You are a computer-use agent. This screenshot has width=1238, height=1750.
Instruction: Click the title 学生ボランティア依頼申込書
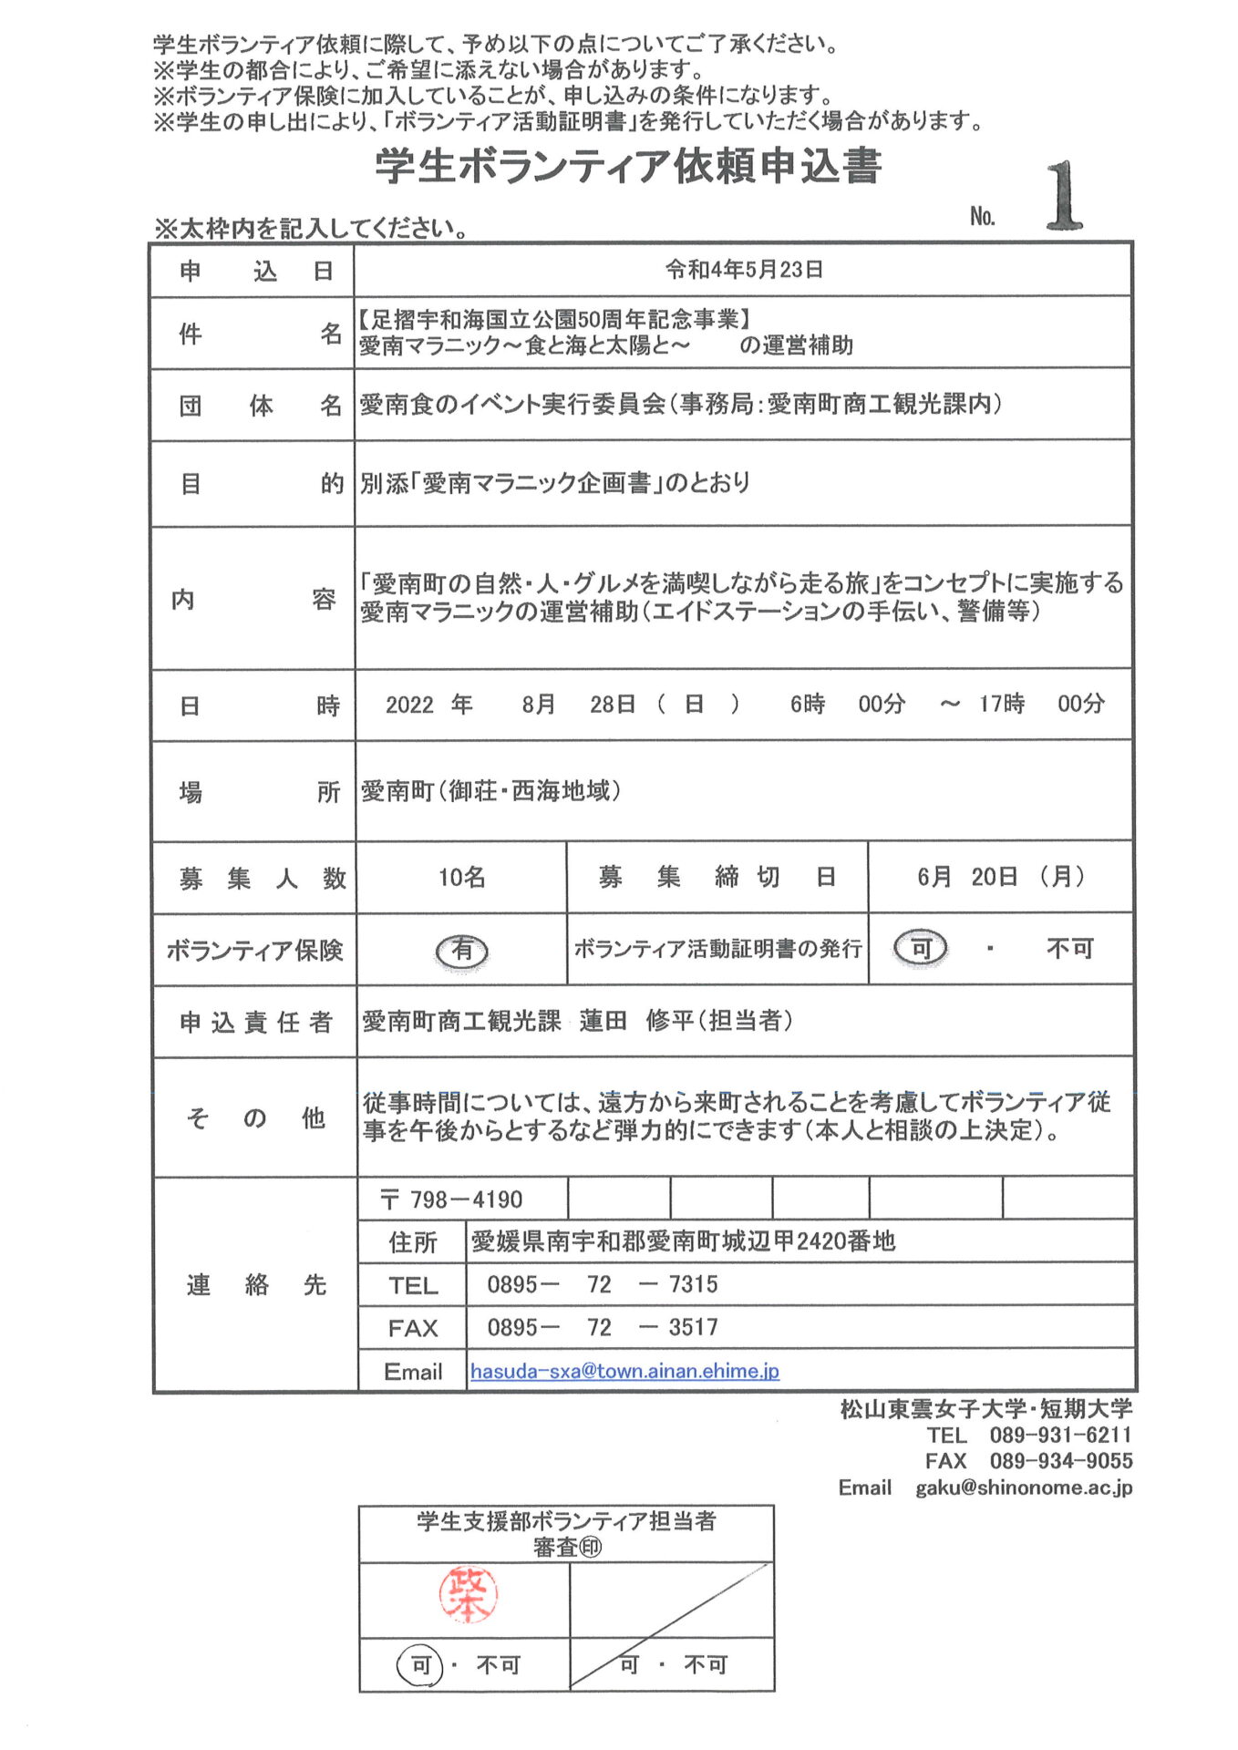click(x=628, y=166)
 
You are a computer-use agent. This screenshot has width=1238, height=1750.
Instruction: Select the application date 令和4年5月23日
click(x=744, y=270)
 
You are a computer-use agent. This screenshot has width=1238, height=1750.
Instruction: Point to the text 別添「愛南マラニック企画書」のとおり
click(x=554, y=483)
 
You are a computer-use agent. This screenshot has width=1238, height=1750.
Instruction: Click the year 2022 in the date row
click(x=409, y=705)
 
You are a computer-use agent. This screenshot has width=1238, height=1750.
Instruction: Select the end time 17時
click(x=1001, y=704)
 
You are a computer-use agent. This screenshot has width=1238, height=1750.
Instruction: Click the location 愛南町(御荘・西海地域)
click(x=490, y=790)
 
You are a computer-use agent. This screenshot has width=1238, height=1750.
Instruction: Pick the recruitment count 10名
click(x=461, y=877)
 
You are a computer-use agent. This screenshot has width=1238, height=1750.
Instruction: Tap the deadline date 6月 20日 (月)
click(x=1000, y=877)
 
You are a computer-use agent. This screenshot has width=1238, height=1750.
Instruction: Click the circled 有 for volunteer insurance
click(x=462, y=951)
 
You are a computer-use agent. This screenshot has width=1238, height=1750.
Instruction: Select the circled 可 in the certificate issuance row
click(x=921, y=949)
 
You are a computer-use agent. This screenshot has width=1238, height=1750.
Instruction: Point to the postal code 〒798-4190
click(x=452, y=1199)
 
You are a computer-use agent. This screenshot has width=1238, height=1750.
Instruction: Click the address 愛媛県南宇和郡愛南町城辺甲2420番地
click(x=683, y=1241)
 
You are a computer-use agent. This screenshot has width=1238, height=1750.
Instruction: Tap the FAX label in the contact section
click(x=413, y=1328)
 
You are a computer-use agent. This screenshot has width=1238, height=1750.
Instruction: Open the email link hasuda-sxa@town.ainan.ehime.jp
click(x=624, y=1371)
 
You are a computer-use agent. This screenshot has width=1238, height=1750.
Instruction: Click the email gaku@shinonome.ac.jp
click(x=1024, y=1487)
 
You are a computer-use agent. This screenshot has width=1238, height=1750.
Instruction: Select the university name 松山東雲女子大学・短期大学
click(x=985, y=1409)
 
